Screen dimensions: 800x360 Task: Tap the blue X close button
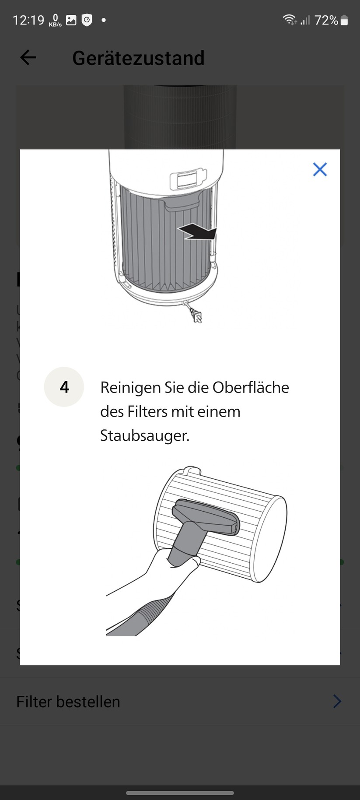coord(320,169)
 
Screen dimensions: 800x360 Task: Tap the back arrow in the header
coord(28,57)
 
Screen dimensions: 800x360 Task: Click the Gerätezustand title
coord(138,58)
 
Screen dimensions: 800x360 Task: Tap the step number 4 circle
coord(64,387)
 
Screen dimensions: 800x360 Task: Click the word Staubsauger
coord(144,435)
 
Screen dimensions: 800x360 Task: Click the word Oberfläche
coord(251,387)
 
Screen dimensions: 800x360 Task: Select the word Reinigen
coord(130,387)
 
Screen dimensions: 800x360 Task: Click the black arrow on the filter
coord(198,232)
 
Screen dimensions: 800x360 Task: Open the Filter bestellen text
coord(68,702)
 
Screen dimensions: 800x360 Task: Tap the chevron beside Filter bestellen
coord(337,702)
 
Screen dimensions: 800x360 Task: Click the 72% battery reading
coord(326,20)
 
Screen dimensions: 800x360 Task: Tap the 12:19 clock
coord(28,20)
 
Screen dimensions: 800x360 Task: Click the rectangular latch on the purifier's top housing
coord(187,179)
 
